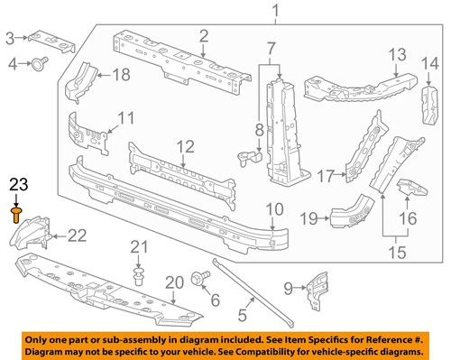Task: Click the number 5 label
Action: pyautogui.click(x=242, y=315)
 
